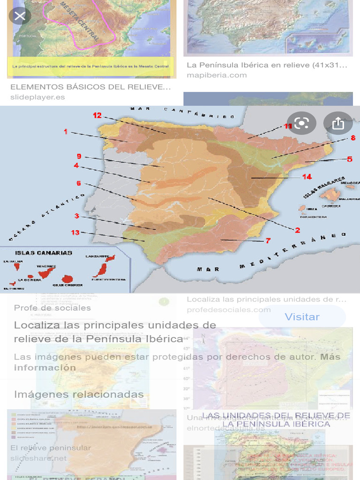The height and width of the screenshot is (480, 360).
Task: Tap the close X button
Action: tap(20, 16)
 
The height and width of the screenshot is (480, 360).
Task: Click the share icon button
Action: tap(338, 123)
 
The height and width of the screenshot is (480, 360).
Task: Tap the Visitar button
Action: tap(302, 317)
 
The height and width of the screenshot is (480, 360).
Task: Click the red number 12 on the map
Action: tap(97, 115)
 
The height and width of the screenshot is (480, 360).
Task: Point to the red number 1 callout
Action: tap(66, 132)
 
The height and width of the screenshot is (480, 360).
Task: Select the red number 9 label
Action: tap(79, 156)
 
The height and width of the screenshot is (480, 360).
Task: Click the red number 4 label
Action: tap(76, 165)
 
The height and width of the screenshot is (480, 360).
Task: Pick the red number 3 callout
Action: tap(76, 216)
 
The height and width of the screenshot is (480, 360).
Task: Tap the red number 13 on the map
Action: tap(75, 232)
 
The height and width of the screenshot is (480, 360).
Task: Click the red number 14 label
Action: tap(307, 177)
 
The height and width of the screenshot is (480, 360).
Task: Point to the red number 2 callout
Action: tap(297, 230)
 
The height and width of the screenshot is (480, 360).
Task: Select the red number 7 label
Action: tap(268, 240)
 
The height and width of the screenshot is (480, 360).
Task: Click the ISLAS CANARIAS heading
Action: tap(44, 253)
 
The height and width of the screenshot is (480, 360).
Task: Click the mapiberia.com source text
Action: tap(217, 75)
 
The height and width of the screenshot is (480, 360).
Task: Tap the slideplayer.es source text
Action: tap(37, 97)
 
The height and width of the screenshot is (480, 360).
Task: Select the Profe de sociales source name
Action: tap(52, 308)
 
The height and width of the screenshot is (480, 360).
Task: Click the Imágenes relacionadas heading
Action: tap(79, 394)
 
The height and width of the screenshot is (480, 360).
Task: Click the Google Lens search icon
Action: tap(302, 123)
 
